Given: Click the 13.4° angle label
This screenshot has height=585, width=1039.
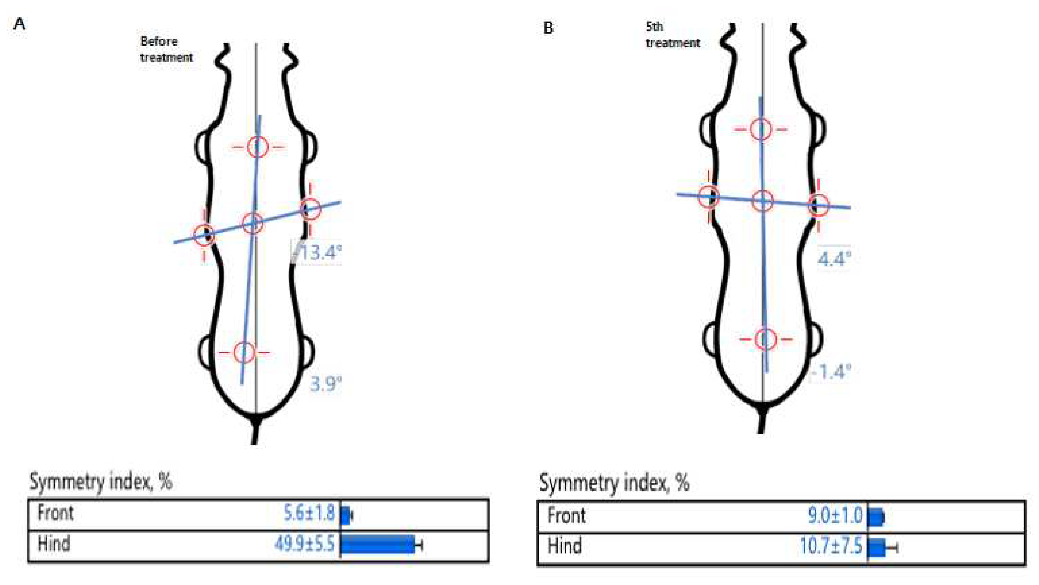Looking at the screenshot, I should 321,253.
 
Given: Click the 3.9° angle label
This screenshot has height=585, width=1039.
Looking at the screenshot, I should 325,384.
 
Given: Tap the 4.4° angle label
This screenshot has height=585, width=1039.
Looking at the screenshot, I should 834,259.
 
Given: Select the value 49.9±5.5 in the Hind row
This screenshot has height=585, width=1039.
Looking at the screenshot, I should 305,544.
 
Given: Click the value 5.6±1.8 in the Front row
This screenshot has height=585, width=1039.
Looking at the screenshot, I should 309,513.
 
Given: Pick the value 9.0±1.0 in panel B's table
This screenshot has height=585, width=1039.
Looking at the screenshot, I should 835,516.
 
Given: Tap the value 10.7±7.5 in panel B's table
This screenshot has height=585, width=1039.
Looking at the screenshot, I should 831,546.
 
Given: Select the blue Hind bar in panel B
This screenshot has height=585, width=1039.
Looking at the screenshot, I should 876,547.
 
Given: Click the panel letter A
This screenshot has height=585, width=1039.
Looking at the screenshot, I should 19,24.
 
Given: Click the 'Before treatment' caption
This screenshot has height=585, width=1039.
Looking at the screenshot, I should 166,49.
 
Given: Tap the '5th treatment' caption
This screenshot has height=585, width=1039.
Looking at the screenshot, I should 672,35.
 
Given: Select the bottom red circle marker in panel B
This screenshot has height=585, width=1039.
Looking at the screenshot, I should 765,339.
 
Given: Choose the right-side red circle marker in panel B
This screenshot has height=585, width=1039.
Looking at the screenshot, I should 818,206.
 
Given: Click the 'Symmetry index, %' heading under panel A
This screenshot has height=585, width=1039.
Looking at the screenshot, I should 101,482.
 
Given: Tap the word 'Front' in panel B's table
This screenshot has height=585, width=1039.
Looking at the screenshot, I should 566,516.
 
